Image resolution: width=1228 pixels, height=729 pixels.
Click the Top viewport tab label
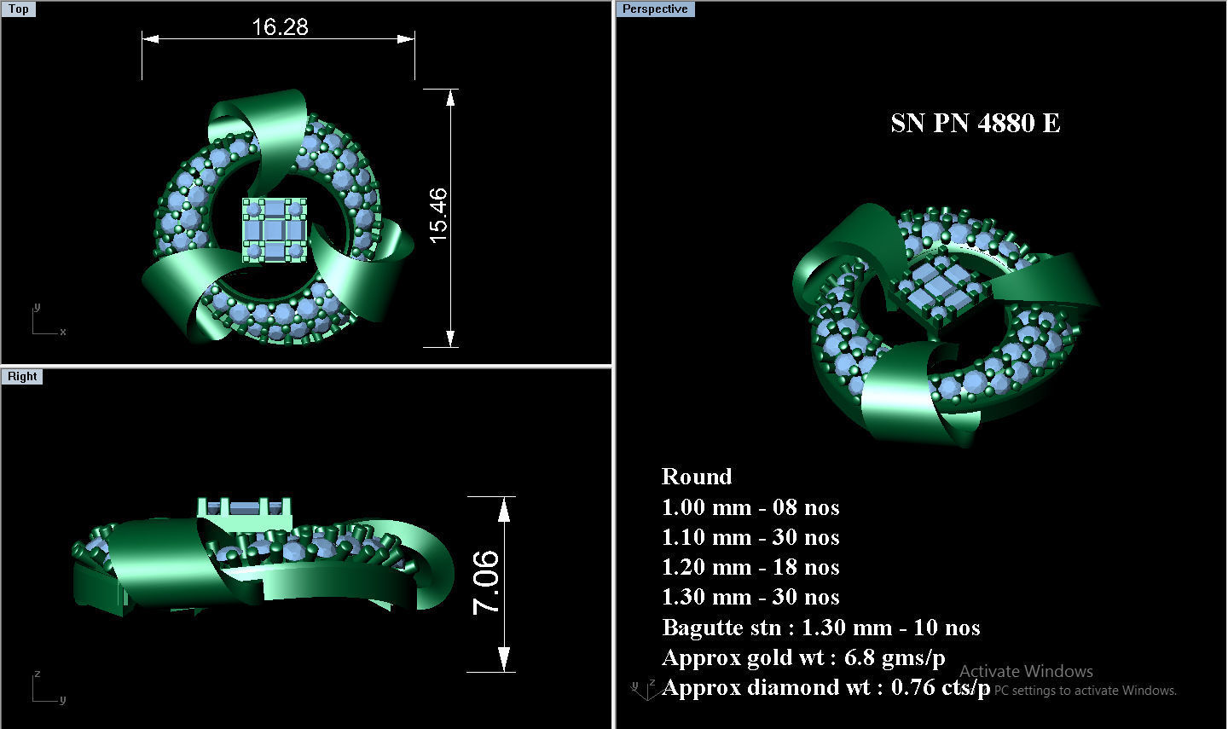coord(19,9)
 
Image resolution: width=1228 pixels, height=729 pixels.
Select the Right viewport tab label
coord(22,377)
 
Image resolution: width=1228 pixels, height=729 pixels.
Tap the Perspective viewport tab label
coord(655,9)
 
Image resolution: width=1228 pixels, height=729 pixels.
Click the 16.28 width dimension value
coord(280,27)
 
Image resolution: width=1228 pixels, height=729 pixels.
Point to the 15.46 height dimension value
coord(438,216)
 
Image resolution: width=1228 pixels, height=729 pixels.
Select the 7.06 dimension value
coord(486,582)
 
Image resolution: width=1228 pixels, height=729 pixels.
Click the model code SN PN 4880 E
coord(975,124)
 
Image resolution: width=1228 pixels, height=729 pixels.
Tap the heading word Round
coord(697,477)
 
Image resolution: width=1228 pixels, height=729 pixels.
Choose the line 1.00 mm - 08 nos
coord(750,507)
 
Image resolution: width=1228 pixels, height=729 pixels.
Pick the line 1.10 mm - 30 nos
coord(750,537)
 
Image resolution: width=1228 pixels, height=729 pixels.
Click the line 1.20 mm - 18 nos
coord(750,567)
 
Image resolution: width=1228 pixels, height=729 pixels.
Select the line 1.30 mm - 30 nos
coord(750,597)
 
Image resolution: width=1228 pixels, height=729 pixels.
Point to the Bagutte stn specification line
coord(820,628)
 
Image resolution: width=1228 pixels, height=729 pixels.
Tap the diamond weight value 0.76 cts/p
coord(941,687)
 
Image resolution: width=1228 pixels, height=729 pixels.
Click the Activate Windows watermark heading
coord(1026,671)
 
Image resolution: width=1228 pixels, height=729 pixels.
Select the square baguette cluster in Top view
coord(274,229)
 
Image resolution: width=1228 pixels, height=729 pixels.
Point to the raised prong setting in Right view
coord(245,511)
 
